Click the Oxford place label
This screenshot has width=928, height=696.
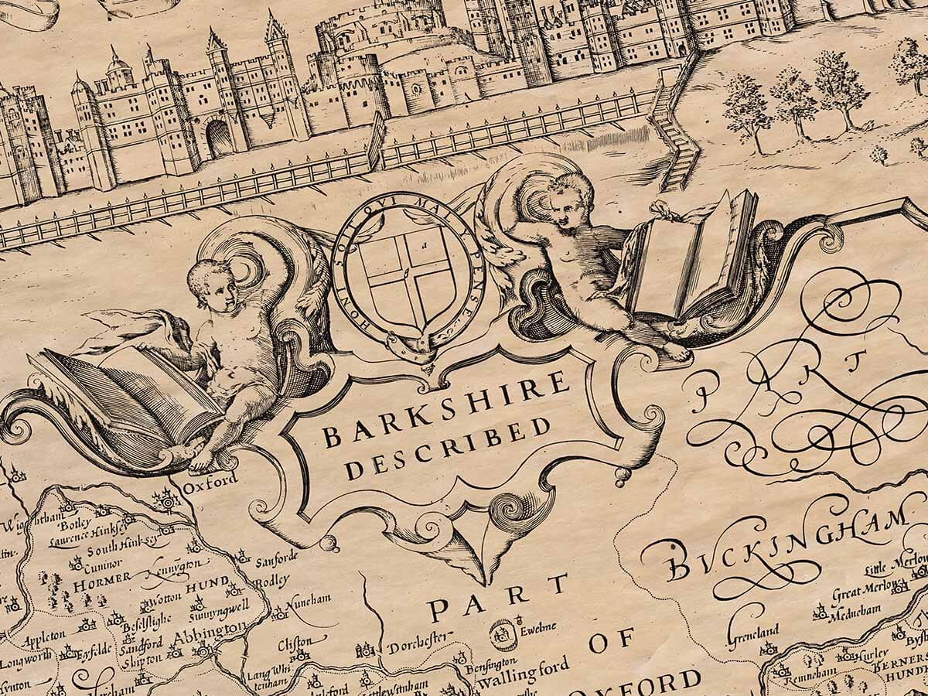point(210,481)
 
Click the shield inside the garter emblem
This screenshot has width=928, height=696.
point(405,275)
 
